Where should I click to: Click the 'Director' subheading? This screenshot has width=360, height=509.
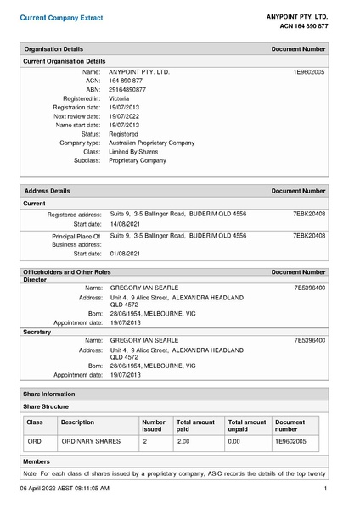[x=35, y=280]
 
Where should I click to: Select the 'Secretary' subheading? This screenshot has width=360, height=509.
[x=37, y=332]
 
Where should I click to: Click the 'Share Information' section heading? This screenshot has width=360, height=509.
[x=50, y=394]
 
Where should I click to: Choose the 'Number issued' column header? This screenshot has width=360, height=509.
[x=154, y=425]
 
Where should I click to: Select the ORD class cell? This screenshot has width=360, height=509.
[x=34, y=442]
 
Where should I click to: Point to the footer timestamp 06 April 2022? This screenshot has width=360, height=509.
[x=65, y=489]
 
